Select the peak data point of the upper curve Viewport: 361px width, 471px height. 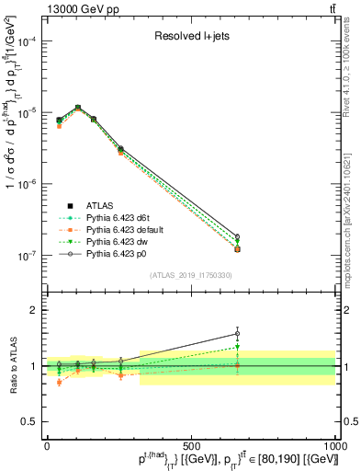point(78,108)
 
